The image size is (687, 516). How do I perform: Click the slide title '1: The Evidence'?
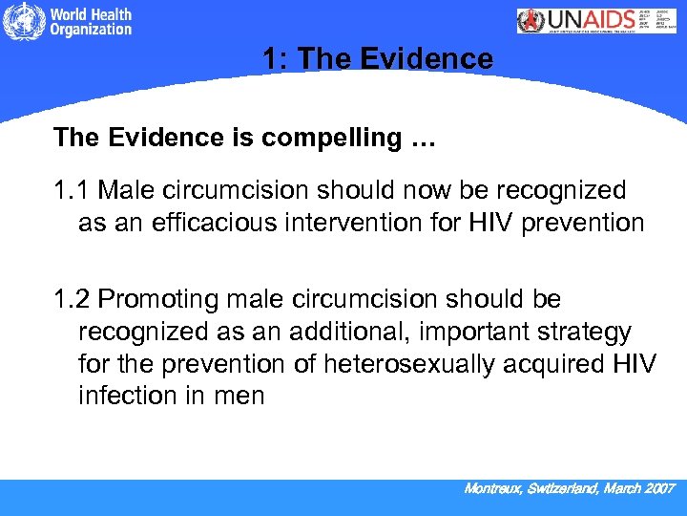point(378,59)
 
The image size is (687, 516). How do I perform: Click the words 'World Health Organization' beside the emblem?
point(91,23)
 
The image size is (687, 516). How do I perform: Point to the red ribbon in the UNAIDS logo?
point(531,21)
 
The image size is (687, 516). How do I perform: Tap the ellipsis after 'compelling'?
point(423,140)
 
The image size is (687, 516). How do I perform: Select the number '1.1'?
point(72,190)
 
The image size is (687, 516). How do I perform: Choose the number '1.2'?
point(72,299)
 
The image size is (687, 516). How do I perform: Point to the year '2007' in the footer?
point(658,488)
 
